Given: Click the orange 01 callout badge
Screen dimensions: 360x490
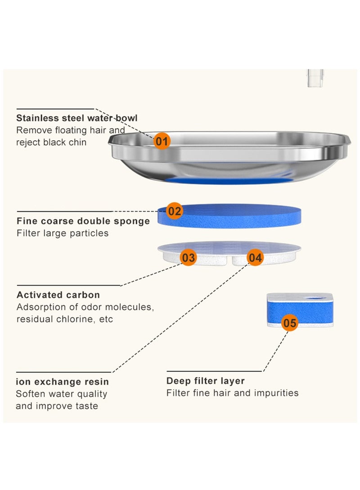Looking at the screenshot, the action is [x=162, y=141].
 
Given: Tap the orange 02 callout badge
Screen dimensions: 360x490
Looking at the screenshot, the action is [x=174, y=211].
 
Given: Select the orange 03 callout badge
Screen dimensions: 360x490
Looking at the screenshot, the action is [x=188, y=258].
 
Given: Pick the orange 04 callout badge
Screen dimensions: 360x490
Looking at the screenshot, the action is [x=255, y=258].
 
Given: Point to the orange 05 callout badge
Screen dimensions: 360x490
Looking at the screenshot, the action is [x=290, y=323].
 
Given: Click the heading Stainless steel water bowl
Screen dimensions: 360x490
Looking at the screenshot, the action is [x=76, y=118].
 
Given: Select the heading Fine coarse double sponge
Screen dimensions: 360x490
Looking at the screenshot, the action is [x=83, y=221].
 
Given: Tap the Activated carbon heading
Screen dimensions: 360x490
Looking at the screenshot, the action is [x=58, y=295].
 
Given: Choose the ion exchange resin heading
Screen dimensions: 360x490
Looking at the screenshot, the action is [x=62, y=382].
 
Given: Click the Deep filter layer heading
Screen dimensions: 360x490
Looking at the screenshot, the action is [x=206, y=381].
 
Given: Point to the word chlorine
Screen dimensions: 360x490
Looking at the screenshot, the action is [x=76, y=319].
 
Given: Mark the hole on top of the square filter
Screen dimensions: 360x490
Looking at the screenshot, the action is [x=315, y=298].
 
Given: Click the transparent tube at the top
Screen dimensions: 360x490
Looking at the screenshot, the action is [x=315, y=78].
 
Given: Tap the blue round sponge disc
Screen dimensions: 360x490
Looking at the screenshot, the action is [x=229, y=216].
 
